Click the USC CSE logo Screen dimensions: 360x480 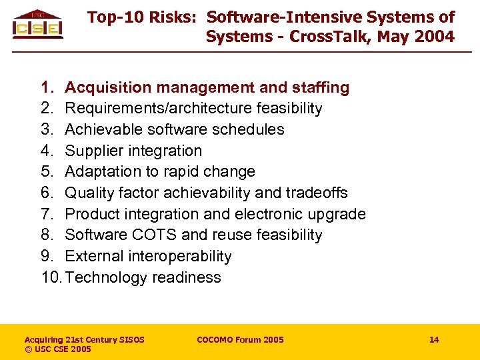[x=37, y=25]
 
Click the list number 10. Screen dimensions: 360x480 [x=51, y=277]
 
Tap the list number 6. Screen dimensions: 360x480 [x=47, y=193]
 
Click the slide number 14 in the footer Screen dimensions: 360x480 [x=434, y=340]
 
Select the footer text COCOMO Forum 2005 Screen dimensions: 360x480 [x=240, y=340]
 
